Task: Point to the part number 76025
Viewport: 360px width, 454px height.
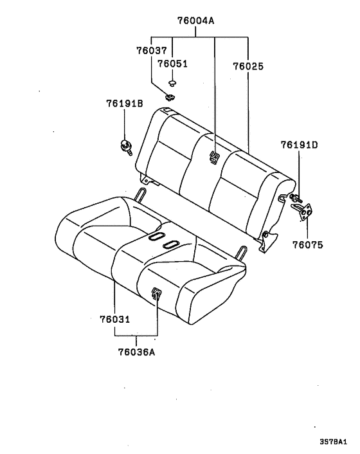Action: coord(249,66)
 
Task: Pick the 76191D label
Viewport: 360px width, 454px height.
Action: coord(299,145)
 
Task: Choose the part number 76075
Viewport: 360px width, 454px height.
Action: coord(307,245)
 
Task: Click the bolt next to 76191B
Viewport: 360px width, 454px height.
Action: coord(127,146)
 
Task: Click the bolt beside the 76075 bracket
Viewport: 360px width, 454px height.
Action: coord(295,199)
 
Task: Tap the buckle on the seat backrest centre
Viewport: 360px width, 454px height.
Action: coord(215,156)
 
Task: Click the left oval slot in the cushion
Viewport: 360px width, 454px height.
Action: coord(156,237)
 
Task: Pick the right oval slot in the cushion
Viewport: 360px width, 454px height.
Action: coord(172,244)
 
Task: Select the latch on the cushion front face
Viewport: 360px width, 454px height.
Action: coord(156,294)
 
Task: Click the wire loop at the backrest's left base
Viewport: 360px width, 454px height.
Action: coord(141,194)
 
